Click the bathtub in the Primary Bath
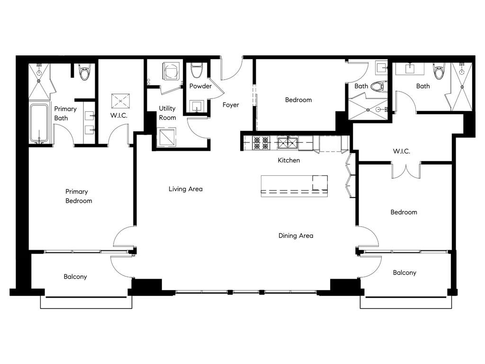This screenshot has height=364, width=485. click(39, 123)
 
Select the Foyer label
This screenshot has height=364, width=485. click(231, 105)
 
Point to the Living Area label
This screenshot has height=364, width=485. click(186, 189)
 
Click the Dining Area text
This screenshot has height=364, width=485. click(296, 236)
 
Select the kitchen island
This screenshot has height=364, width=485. click(294, 185)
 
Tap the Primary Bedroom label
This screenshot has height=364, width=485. click(79, 196)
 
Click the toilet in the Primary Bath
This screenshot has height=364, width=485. click(85, 73)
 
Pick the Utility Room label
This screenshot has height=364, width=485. click(167, 113)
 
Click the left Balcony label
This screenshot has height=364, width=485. click(75, 277)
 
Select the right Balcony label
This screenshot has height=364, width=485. click(404, 273)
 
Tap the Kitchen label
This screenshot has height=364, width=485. click(288, 160)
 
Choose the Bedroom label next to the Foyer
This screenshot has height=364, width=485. click(298, 100)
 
